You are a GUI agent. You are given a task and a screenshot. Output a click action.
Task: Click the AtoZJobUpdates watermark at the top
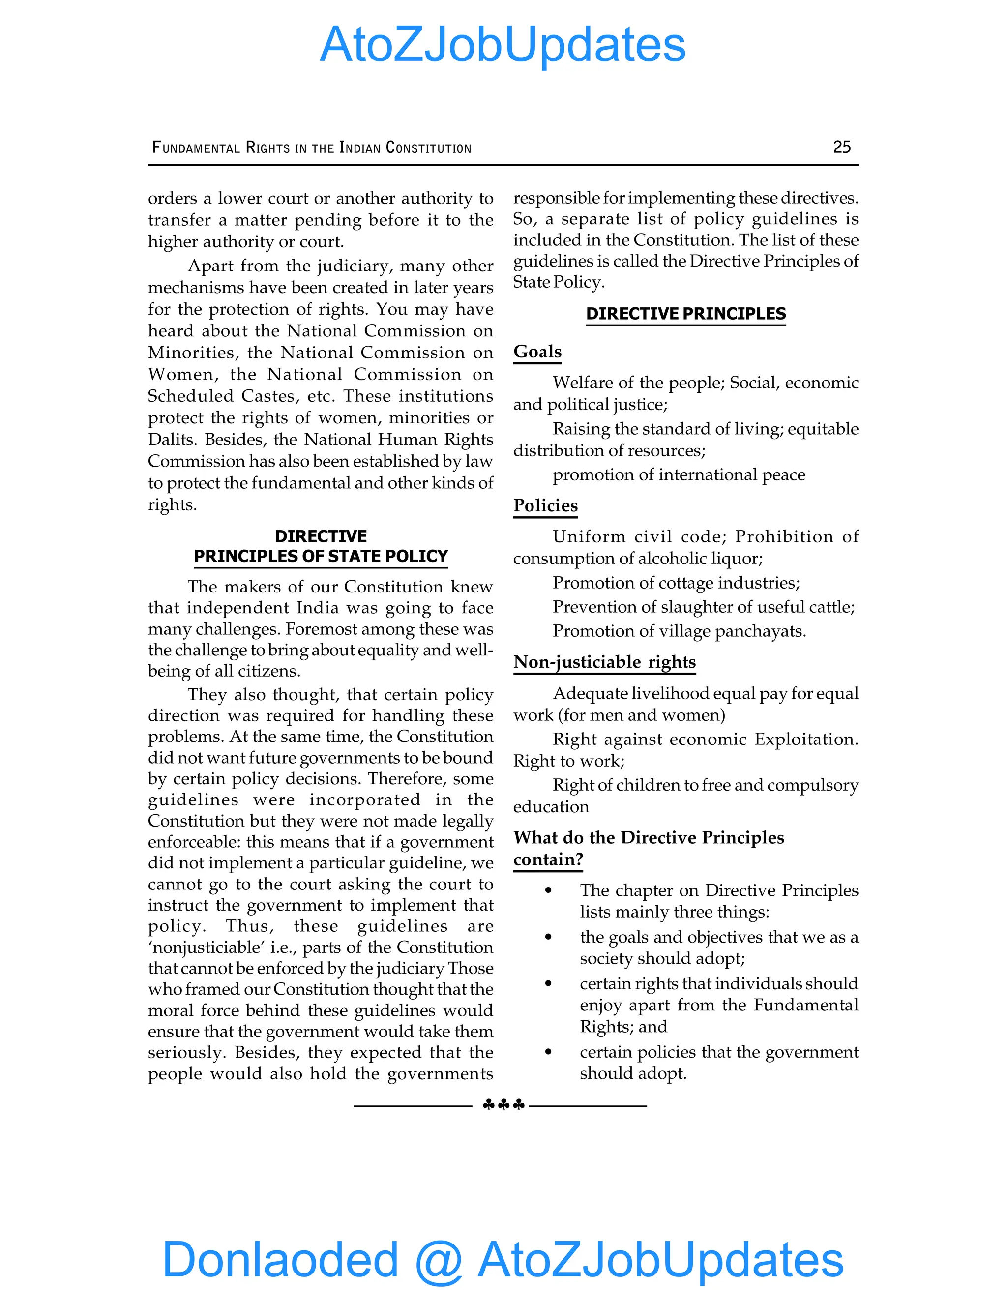[x=503, y=45]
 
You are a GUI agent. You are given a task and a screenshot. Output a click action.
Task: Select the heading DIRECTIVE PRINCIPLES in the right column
[x=685, y=314]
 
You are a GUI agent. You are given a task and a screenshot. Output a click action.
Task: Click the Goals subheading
[x=537, y=352]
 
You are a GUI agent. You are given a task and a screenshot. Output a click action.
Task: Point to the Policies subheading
[x=545, y=505]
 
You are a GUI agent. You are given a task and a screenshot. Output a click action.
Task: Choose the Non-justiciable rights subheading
[x=604, y=662]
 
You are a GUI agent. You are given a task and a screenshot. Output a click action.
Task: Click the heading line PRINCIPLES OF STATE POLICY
[x=321, y=556]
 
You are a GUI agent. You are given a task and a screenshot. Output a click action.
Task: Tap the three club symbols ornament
[x=503, y=1105]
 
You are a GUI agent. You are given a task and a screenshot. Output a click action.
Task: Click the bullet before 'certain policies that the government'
[x=548, y=1052]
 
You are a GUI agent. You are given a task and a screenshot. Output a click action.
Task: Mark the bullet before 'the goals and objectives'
[x=548, y=937]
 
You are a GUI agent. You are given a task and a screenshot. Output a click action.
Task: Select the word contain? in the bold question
[x=548, y=859]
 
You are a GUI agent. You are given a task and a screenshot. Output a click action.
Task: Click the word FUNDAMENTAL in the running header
[x=196, y=148]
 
